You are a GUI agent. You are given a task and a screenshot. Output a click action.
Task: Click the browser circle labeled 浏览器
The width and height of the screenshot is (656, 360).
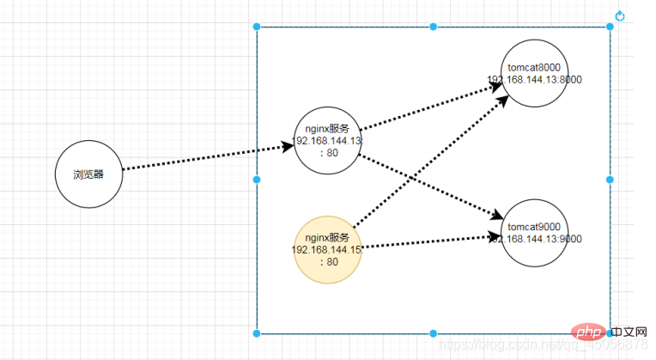click(x=88, y=174)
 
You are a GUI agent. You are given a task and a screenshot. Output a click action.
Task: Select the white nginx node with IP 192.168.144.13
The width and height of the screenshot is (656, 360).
click(x=327, y=141)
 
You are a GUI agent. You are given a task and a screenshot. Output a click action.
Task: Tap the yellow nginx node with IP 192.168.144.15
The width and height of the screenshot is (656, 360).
click(x=327, y=250)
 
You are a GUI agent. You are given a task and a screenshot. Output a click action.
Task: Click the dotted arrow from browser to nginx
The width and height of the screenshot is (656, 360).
click(x=206, y=158)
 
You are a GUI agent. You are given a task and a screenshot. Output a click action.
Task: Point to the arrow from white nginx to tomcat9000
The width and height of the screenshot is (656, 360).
click(x=429, y=185)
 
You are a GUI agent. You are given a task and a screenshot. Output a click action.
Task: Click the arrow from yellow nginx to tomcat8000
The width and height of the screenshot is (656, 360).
click(x=429, y=160)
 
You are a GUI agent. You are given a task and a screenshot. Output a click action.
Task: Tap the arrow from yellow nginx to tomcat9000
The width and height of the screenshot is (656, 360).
click(x=429, y=241)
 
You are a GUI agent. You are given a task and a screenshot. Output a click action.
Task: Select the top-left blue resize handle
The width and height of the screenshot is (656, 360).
click(x=257, y=27)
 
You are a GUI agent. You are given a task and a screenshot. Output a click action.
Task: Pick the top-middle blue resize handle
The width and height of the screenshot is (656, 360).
click(x=433, y=27)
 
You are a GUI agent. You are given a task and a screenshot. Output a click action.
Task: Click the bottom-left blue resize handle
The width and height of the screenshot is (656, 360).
click(x=257, y=333)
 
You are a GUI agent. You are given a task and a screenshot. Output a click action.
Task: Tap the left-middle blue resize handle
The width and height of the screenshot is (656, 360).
click(x=257, y=180)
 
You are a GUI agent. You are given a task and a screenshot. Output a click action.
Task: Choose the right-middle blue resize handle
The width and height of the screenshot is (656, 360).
click(x=610, y=180)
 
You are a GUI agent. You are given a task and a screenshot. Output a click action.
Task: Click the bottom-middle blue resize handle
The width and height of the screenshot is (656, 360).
click(x=433, y=333)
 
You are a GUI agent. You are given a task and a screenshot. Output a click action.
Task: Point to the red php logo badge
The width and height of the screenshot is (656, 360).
click(x=586, y=333)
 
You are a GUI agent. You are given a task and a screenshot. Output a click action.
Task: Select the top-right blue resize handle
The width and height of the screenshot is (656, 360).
click(x=610, y=27)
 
